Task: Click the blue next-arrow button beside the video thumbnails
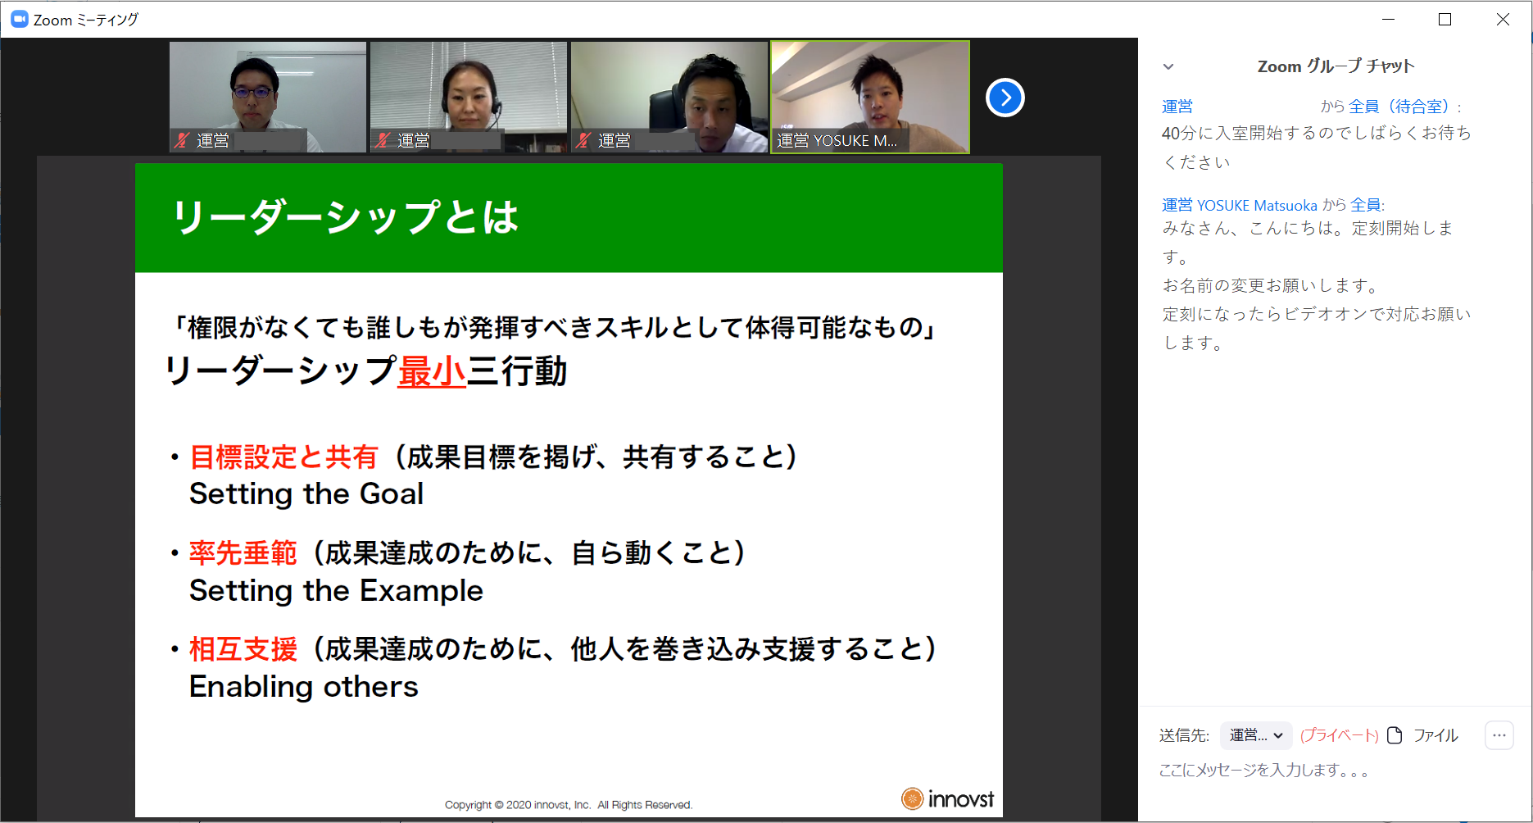[1005, 98]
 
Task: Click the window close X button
[1503, 19]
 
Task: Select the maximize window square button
[1445, 19]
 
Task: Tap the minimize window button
[1388, 19]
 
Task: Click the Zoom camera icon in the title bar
[19, 19]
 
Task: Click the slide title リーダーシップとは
[345, 217]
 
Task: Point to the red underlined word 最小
[432, 371]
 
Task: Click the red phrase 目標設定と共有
[283, 457]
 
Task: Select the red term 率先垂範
[243, 552]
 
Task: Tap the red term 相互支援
[243, 649]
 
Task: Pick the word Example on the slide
[421, 591]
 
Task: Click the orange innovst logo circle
[912, 798]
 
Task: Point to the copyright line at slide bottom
[569, 805]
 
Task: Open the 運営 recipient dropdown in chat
[1256, 735]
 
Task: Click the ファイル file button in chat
[1422, 735]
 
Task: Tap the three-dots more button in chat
[1499, 735]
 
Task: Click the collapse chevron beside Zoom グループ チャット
[1168, 66]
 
